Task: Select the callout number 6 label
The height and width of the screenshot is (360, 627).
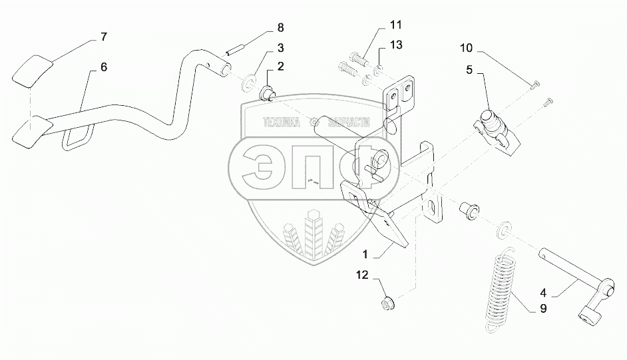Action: [104, 67]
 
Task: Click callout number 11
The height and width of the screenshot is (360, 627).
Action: [395, 26]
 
